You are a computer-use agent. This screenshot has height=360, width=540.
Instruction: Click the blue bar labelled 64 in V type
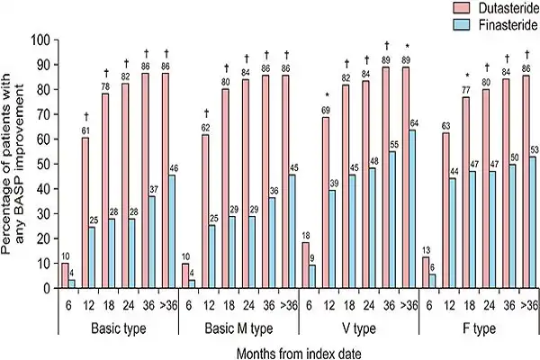(x=412, y=209)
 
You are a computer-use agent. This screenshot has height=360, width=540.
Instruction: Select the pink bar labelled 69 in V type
(x=325, y=202)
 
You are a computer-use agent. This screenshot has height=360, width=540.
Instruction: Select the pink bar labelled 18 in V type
(x=305, y=265)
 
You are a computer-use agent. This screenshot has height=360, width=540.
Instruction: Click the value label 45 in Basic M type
(x=292, y=166)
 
